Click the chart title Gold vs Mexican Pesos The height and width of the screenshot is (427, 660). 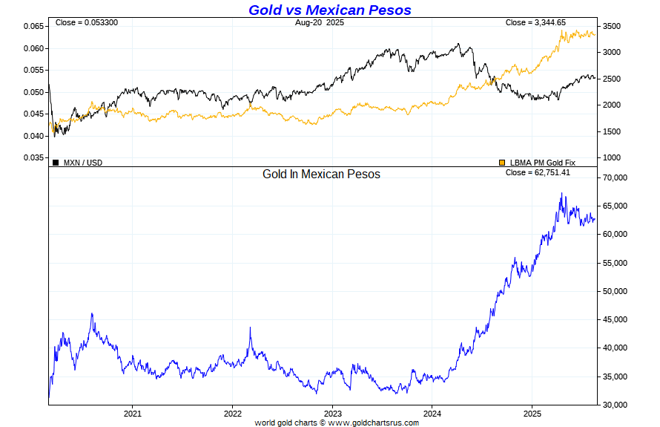pyautogui.click(x=329, y=10)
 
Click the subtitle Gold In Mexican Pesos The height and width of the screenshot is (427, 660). pyautogui.click(x=321, y=174)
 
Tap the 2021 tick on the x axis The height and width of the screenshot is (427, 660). pyautogui.click(x=133, y=412)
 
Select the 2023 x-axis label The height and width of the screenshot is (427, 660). pyautogui.click(x=333, y=412)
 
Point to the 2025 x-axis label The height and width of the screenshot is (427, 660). pyautogui.click(x=532, y=412)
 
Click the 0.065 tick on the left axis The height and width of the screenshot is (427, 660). pyautogui.click(x=33, y=27)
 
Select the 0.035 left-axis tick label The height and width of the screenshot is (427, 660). pyautogui.click(x=33, y=158)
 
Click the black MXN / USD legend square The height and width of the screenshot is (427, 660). pyautogui.click(x=56, y=163)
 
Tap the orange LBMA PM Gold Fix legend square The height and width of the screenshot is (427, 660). pyautogui.click(x=503, y=163)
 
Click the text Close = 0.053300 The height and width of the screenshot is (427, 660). pyautogui.click(x=86, y=23)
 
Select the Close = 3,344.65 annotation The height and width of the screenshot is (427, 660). pyautogui.click(x=536, y=23)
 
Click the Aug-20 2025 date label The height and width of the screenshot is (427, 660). pyautogui.click(x=320, y=23)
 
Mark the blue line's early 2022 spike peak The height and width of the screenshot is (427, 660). pyautogui.click(x=250, y=327)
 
